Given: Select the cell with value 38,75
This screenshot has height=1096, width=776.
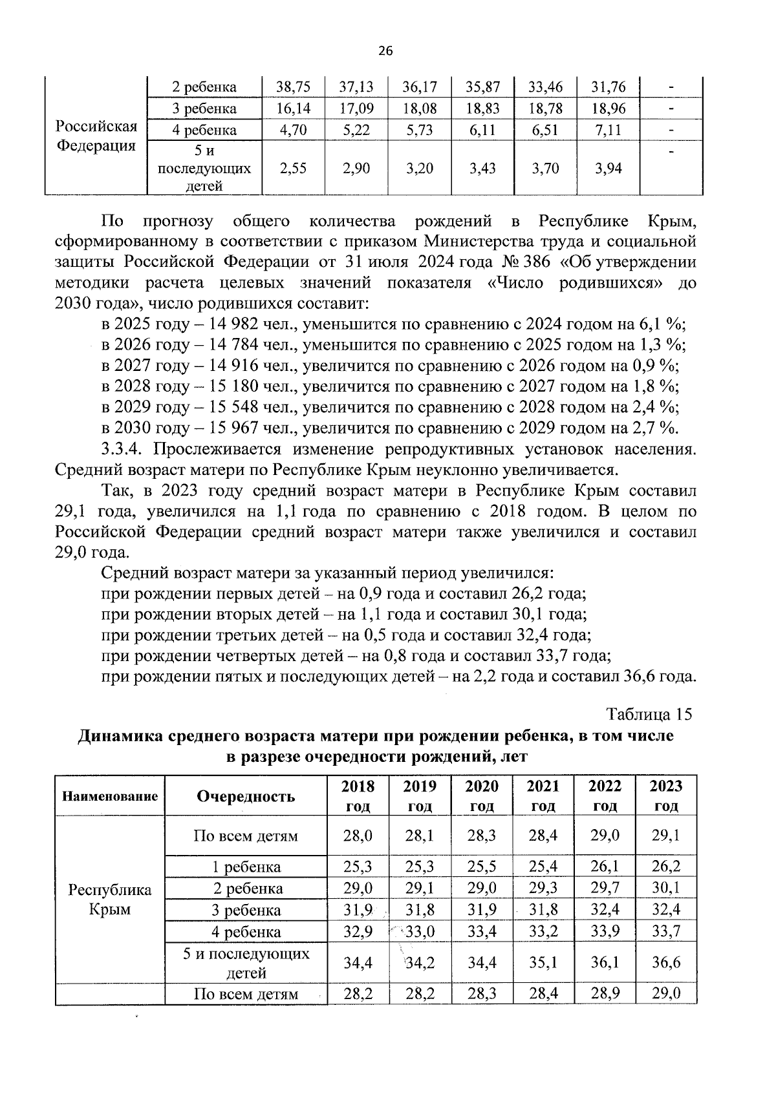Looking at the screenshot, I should pos(293,87).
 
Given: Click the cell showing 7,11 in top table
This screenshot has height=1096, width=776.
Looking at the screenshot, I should pos(607,130).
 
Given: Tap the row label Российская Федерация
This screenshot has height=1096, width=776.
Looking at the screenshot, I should pos(96,135).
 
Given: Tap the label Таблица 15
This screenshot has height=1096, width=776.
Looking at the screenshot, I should pos(649,714).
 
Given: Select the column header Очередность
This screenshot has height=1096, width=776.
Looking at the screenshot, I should pos(246,796).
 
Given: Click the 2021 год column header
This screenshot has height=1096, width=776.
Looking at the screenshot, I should pos(543,796).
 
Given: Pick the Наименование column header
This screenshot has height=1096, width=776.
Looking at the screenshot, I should pos(110,796).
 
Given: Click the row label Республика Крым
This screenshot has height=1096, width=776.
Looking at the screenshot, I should pos(110,899).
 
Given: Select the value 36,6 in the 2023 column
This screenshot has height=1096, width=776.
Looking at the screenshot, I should pos(666,962).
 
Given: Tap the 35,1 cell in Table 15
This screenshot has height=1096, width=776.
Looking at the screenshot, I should pos(543,962).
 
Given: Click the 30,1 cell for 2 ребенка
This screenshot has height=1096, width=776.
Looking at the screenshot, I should pos(666,888).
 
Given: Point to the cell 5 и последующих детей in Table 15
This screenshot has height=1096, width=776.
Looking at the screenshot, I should pos(246,962).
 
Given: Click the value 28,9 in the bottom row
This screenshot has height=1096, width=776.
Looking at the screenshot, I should pos(605,994).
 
